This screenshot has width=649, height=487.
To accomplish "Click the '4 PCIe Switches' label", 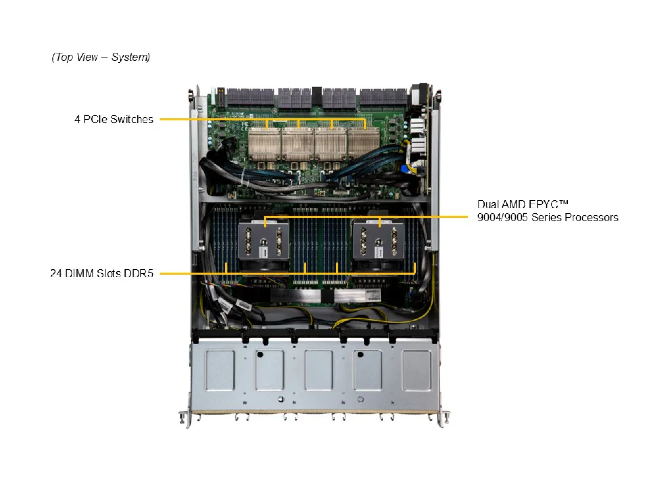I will tap(114, 119).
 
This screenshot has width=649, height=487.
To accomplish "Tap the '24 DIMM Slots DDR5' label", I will tap(101, 273).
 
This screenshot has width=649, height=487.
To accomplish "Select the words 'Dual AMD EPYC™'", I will tap(523, 205).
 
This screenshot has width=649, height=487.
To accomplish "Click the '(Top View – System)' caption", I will tap(101, 57).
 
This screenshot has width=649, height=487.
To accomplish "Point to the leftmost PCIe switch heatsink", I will tap(264, 143).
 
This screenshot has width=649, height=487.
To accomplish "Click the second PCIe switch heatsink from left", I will tap(297, 143).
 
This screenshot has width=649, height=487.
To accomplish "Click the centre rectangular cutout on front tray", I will tap(318, 370).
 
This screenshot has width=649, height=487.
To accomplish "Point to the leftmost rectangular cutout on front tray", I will tap(220, 370).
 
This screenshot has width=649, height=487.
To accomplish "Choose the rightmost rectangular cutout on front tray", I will tap(417, 370).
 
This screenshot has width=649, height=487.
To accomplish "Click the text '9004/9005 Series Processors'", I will tap(548, 217).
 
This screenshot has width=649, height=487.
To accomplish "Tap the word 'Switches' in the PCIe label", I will tap(131, 119).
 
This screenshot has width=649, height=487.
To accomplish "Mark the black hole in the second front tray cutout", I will tap(260, 355).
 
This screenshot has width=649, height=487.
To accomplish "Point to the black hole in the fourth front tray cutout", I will tap(360, 355).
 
